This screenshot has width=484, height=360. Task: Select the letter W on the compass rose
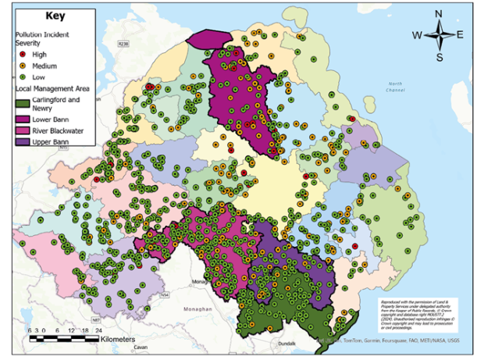418,34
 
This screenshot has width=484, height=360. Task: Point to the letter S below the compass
440,57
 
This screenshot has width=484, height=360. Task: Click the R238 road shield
122,45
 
